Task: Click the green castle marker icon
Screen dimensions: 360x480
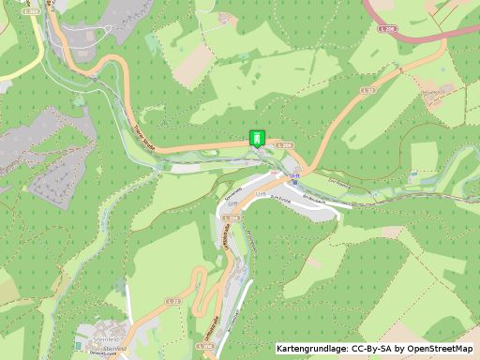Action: pyautogui.click(x=256, y=137)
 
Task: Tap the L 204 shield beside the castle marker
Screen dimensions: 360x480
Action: pyautogui.click(x=287, y=144)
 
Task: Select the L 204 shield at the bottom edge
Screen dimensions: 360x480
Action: pyautogui.click(x=204, y=346)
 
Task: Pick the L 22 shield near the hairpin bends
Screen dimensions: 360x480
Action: pyautogui.click(x=173, y=301)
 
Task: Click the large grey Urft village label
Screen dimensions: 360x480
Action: pyautogui.click(x=261, y=191)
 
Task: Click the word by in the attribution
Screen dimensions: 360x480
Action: pyautogui.click(x=398, y=349)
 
